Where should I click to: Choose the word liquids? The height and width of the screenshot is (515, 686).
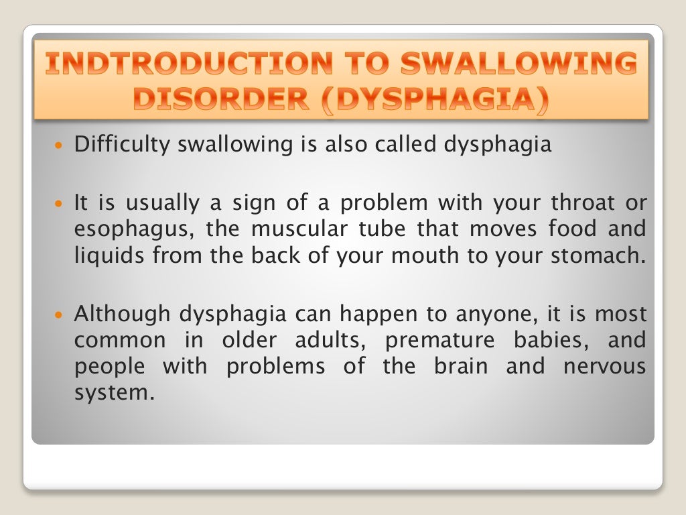104,256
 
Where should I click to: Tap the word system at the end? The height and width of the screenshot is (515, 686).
110,394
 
